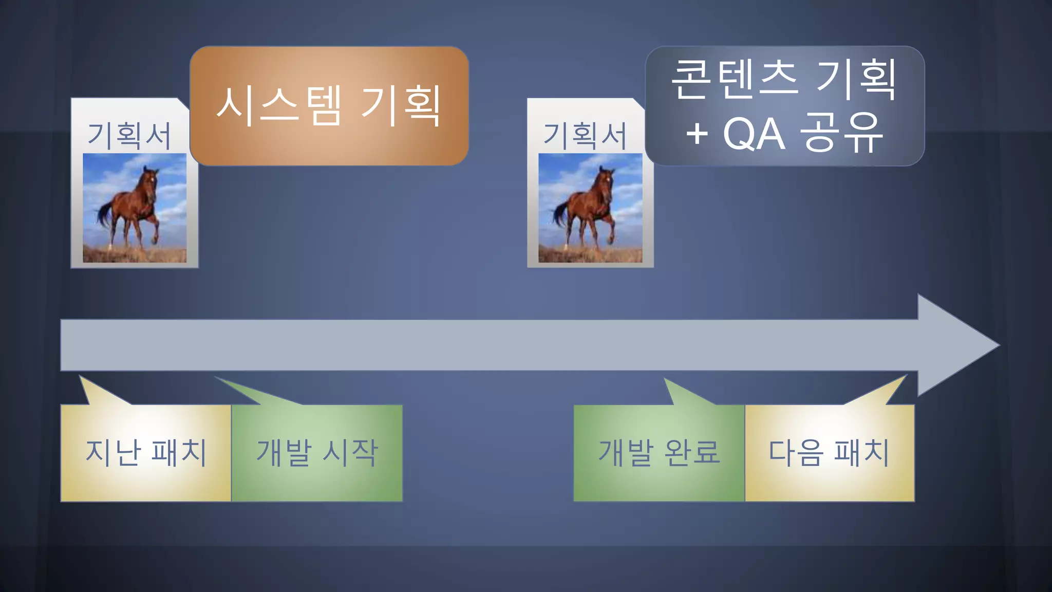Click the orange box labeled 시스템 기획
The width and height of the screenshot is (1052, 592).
pos(329,105)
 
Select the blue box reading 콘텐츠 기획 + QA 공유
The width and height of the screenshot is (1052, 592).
pos(784,105)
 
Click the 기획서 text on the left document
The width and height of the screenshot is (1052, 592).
pos(129,136)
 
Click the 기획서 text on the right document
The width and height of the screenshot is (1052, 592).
pos(585,136)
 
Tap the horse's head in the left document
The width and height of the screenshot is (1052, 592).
pos(149,180)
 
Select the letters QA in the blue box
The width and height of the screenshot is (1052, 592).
pos(754,135)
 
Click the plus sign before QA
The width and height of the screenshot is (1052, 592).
pos(697,135)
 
